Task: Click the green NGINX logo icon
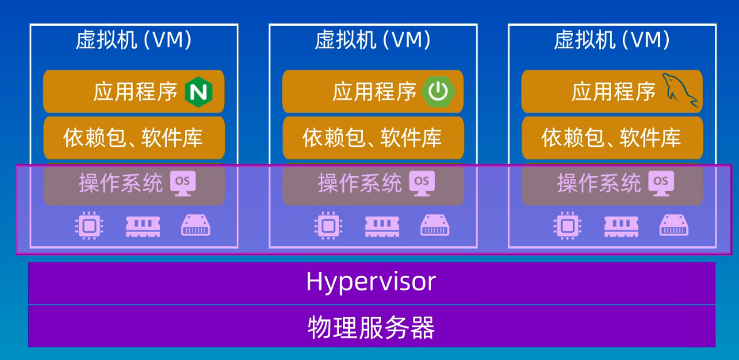pos(199,92)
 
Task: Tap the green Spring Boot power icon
pos(438,92)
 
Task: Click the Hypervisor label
pos(371,282)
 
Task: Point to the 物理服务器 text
pos(371,327)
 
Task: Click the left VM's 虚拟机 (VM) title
pos(134,41)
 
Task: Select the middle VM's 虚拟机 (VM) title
pos(373,41)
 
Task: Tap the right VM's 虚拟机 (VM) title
pos(612,41)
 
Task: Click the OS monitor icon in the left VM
pos(183,183)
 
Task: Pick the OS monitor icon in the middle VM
pos(422,183)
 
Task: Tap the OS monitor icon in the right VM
pos(661,183)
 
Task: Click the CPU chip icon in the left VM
pos(89,225)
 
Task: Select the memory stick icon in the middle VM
pos(382,226)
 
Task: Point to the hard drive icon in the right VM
pos(674,225)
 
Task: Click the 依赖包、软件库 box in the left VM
pos(134,137)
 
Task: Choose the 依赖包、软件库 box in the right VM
pos(612,137)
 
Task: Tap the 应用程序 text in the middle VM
pos(374,92)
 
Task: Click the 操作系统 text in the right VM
pos(599,184)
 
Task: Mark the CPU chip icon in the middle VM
pos(328,225)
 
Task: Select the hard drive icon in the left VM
pos(196,225)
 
